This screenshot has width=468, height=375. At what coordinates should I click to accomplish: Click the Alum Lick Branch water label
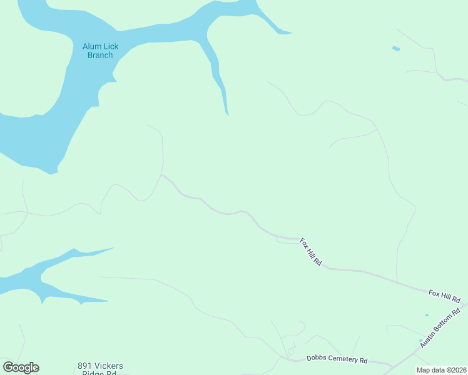pos(100,51)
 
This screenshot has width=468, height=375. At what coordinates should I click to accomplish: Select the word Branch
pos(100,55)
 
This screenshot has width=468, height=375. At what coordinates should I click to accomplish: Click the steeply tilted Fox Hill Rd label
pos(310,252)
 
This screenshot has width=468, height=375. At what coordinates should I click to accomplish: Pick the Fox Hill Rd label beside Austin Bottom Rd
pos(444,292)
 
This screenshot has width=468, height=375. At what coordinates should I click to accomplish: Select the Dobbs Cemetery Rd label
pos(337,359)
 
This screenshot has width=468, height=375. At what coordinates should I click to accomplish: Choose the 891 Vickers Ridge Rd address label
pos(100,369)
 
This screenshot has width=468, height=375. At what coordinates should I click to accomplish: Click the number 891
pos(85,365)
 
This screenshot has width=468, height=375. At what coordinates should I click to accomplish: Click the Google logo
pos(21,367)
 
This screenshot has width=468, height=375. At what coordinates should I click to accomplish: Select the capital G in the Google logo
pos(8,367)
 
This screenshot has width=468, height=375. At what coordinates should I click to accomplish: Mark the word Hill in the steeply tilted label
pos(311,252)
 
